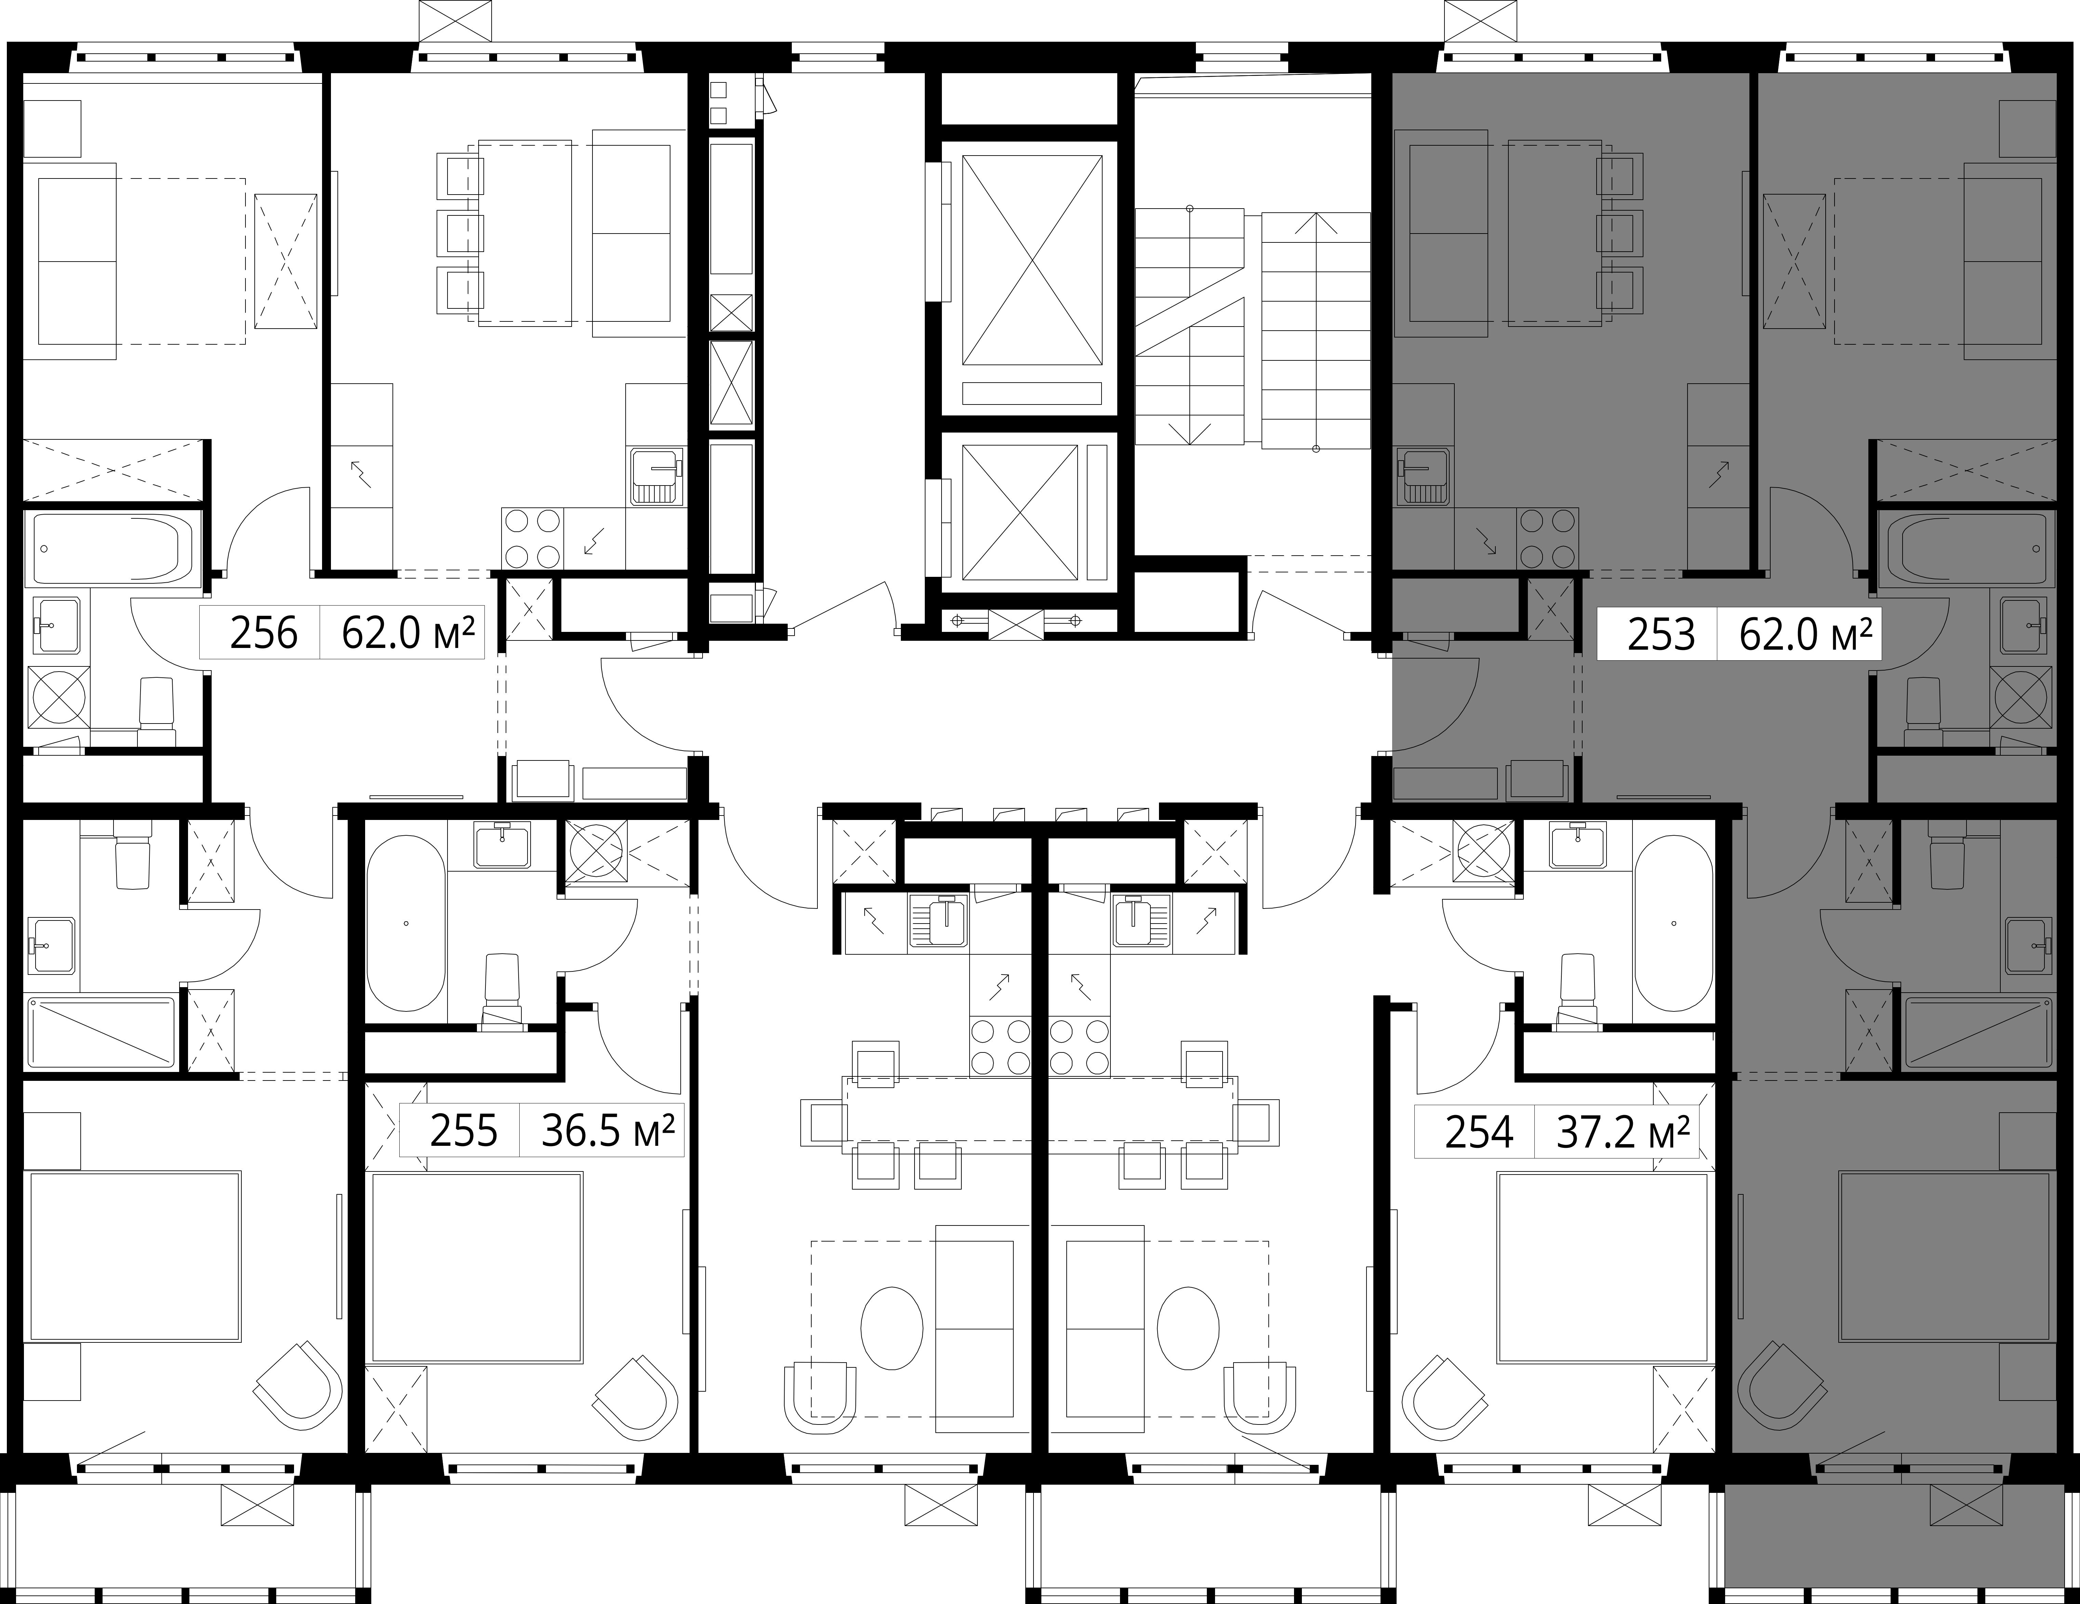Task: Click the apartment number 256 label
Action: click(264, 633)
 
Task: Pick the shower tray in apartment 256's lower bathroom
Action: click(102, 1033)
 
